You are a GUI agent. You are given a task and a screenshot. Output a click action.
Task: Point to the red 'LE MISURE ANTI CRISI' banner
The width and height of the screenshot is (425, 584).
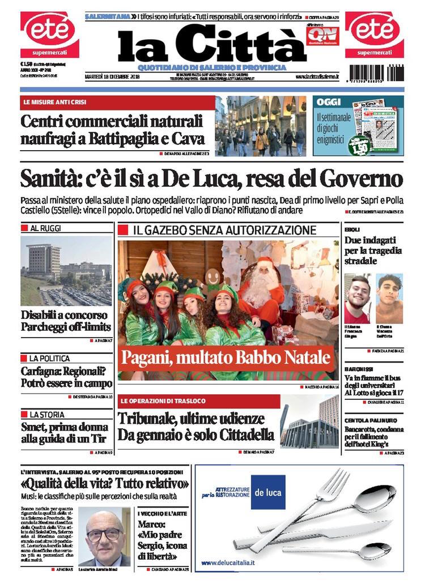117,103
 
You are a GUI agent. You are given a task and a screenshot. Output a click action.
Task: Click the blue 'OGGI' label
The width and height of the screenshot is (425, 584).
329,103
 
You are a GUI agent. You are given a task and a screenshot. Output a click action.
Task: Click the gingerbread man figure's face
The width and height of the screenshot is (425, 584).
213,278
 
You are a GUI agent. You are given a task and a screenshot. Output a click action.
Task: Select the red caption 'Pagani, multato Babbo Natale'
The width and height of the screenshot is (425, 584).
225,358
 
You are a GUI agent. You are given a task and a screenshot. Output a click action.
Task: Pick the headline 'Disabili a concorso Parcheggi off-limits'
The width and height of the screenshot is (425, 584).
66,321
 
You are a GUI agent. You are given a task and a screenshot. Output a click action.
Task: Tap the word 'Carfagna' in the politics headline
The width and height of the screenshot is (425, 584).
44,371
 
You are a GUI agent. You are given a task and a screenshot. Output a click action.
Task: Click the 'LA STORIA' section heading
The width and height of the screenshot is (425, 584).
47,415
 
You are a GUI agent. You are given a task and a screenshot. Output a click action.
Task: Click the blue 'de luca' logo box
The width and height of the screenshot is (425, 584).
267,492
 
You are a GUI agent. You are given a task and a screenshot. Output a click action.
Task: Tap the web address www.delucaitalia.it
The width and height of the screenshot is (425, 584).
228,562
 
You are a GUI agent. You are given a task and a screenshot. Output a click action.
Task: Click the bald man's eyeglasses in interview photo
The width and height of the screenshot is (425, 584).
104,534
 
